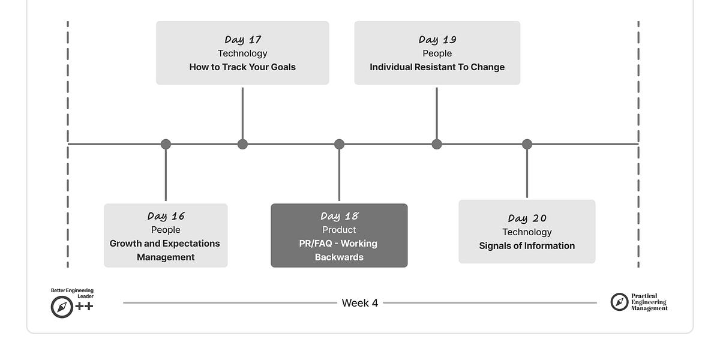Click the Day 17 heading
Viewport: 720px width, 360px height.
click(x=242, y=40)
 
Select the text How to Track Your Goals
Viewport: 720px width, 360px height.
click(x=242, y=67)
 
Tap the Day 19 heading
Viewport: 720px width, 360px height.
click(x=437, y=40)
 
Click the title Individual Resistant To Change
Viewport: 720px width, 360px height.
click(x=437, y=67)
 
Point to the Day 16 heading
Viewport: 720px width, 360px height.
click(x=166, y=216)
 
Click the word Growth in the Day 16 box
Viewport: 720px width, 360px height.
click(x=126, y=244)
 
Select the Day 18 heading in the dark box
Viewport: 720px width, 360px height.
click(x=339, y=216)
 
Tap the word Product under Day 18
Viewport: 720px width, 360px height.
click(x=339, y=230)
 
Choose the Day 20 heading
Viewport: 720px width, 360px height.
click(x=527, y=218)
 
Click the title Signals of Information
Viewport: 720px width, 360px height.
click(x=527, y=246)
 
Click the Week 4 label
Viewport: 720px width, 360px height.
click(x=360, y=303)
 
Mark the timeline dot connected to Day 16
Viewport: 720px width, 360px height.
click(x=166, y=144)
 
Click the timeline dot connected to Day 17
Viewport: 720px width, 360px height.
click(x=242, y=144)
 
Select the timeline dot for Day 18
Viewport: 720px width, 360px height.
click(x=339, y=144)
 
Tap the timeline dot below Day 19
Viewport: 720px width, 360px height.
click(x=437, y=144)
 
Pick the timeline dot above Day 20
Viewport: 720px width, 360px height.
click(x=527, y=144)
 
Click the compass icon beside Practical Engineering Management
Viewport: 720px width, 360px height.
click(x=619, y=302)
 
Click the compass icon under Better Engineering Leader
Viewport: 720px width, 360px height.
click(x=62, y=307)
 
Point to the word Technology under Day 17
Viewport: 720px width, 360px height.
click(x=242, y=53)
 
